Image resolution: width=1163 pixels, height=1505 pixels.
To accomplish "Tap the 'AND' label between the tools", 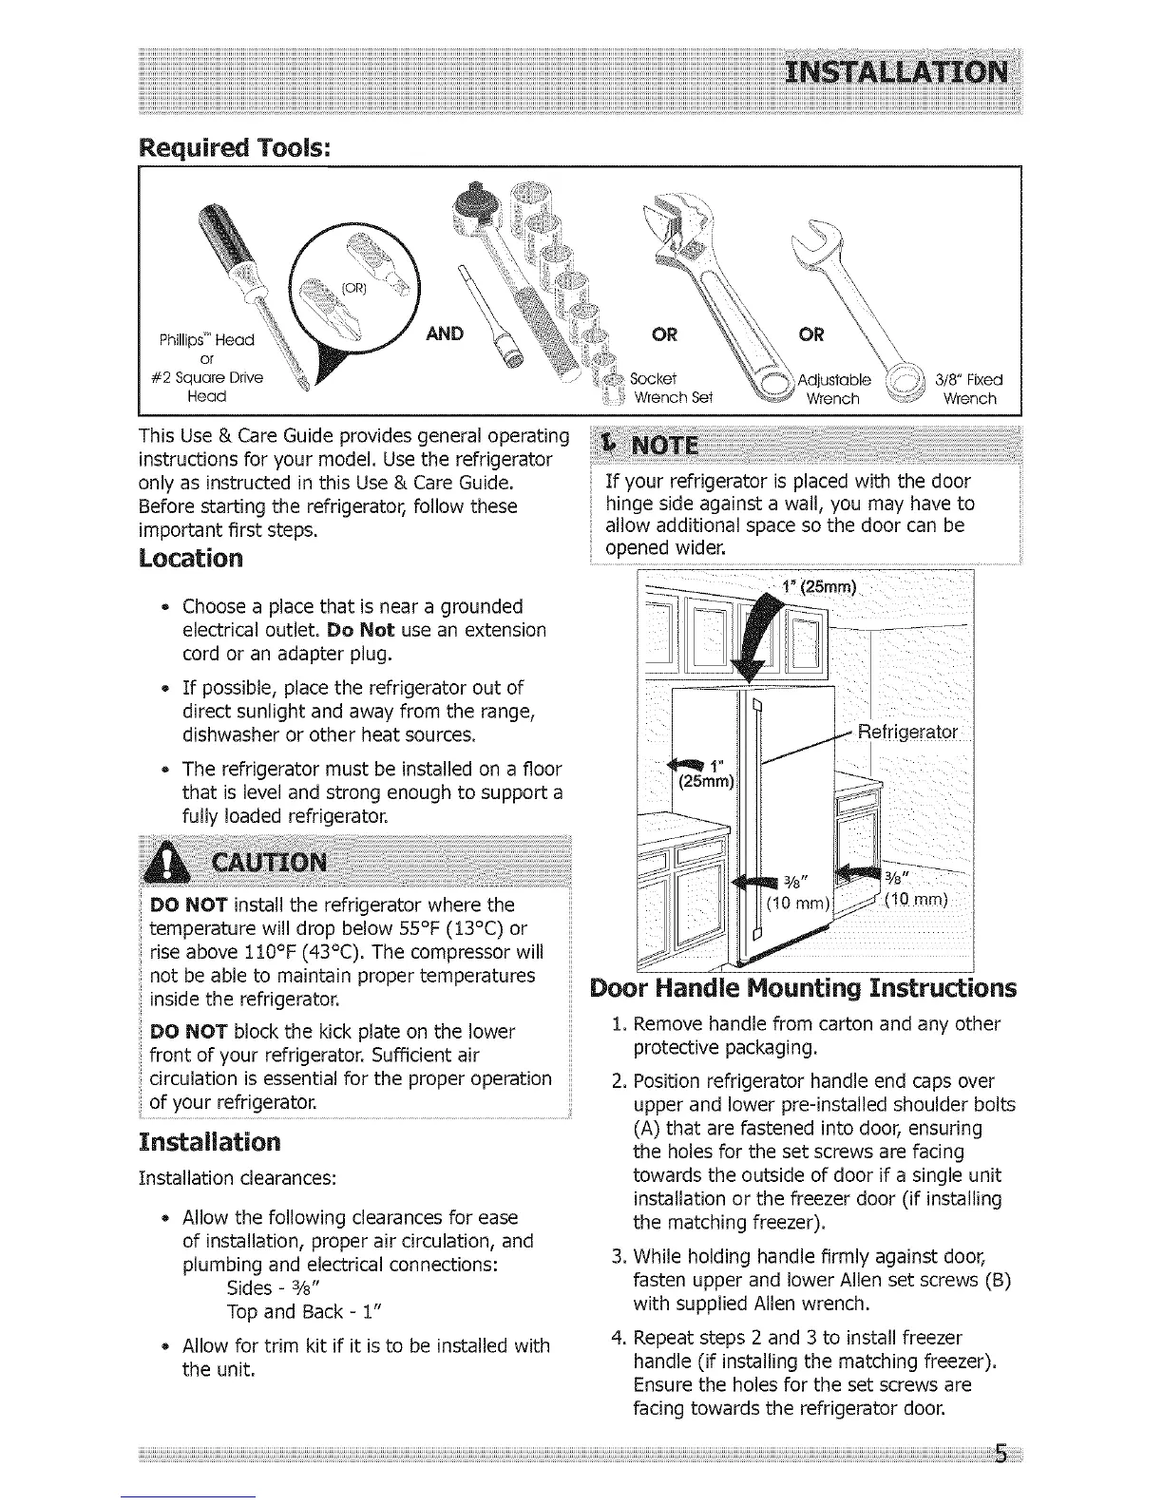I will coord(444,333).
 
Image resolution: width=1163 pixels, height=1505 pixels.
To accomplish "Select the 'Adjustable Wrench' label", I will coord(832,389).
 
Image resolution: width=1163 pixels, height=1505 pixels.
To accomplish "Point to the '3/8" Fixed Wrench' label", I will coord(968,389).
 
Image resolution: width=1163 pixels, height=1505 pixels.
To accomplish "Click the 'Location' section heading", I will coord(191,558).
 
